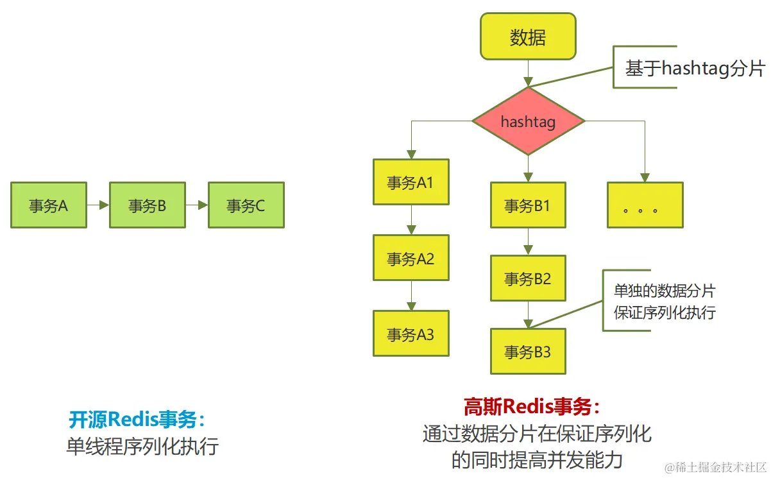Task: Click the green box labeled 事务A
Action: (49, 205)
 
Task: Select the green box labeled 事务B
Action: (148, 205)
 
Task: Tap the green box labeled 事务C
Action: (246, 205)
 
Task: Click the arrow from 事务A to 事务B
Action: (98, 205)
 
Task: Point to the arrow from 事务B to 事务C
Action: (197, 205)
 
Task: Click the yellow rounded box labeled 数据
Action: (528, 37)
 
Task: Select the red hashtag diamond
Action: (528, 121)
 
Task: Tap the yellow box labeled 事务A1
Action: (411, 182)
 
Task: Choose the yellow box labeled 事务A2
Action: (411, 258)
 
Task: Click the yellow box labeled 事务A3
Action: (411, 334)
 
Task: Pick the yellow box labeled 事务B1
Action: (528, 205)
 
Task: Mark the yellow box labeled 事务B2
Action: (528, 278)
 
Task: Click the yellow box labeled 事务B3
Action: (528, 352)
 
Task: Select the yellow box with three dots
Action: (645, 205)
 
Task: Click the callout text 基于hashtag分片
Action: (695, 68)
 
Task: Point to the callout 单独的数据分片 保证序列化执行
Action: (664, 302)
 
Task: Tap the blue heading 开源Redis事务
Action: (137, 420)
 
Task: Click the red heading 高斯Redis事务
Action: (532, 406)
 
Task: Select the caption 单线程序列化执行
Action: (142, 446)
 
